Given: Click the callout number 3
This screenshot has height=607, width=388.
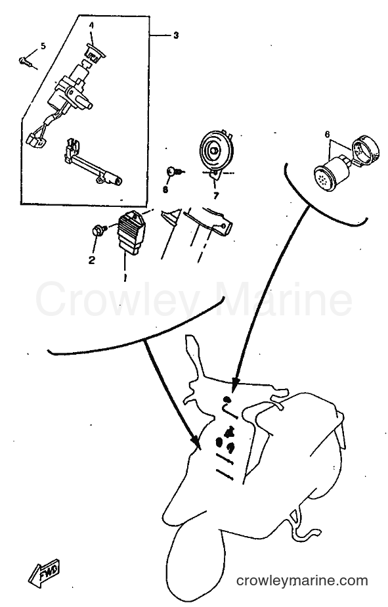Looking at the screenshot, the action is click(x=176, y=35).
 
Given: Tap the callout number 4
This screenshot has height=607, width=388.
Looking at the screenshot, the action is click(x=92, y=26).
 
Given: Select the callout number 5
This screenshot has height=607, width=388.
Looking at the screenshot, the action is click(x=43, y=46).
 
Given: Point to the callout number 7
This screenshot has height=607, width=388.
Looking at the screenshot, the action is click(x=215, y=196).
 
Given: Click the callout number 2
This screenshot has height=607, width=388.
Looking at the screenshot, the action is click(x=92, y=260).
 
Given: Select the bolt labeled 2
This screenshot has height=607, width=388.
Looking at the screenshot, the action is click(x=98, y=231).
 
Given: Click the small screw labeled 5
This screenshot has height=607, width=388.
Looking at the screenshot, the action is click(x=26, y=61).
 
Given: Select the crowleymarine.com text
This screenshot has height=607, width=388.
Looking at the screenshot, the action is click(x=302, y=581).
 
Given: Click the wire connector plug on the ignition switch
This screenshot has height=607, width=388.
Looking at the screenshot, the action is click(x=36, y=140).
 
